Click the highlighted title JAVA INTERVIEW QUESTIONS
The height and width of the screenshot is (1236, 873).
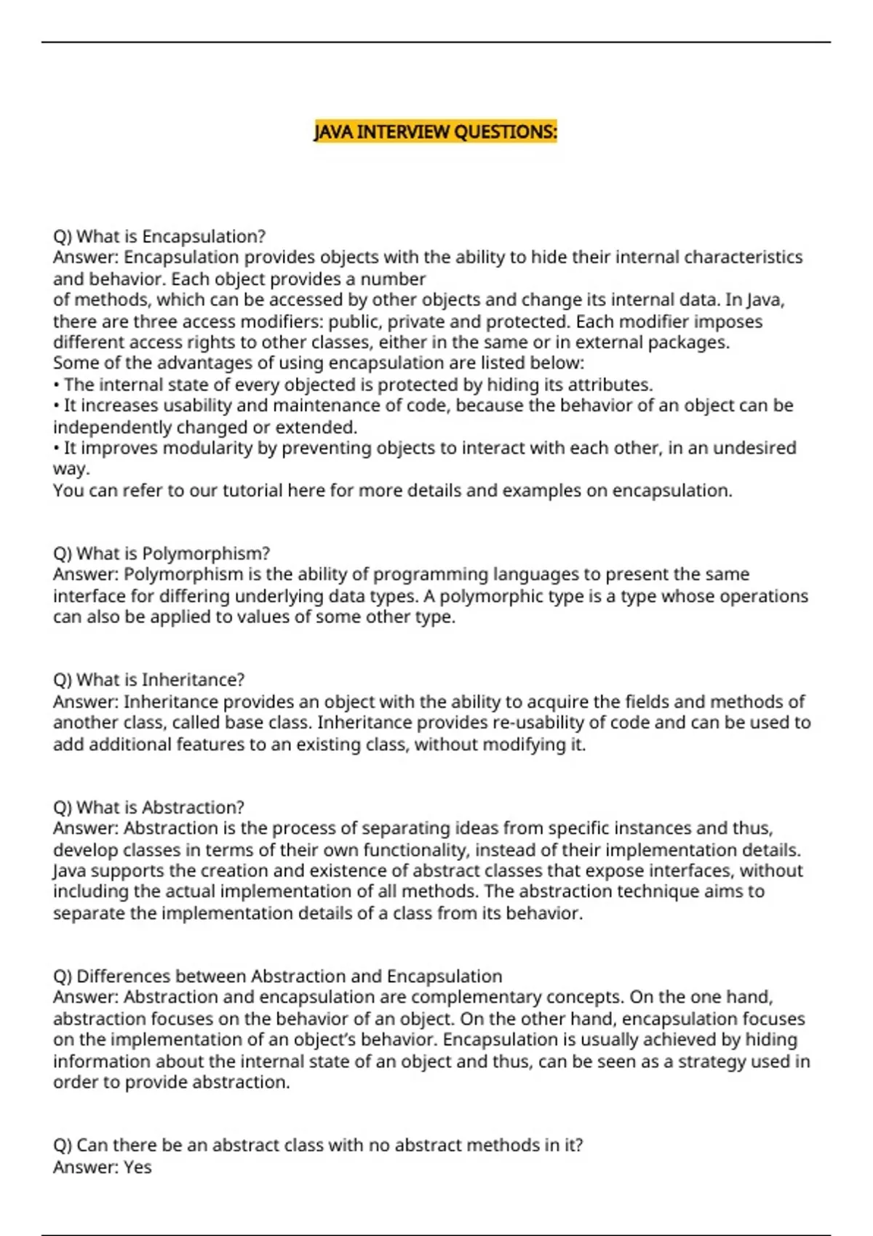coord(435,132)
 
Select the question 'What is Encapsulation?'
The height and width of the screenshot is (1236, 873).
coord(159,236)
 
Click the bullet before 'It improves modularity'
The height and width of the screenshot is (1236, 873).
coord(56,448)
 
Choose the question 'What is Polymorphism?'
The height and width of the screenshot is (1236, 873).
coord(162,553)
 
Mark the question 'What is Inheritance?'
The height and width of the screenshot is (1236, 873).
coord(149,680)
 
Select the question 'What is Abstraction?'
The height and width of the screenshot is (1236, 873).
coord(148,807)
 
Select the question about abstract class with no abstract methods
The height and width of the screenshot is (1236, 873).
coord(318,1145)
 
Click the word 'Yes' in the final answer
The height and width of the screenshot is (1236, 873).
coord(137,1167)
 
